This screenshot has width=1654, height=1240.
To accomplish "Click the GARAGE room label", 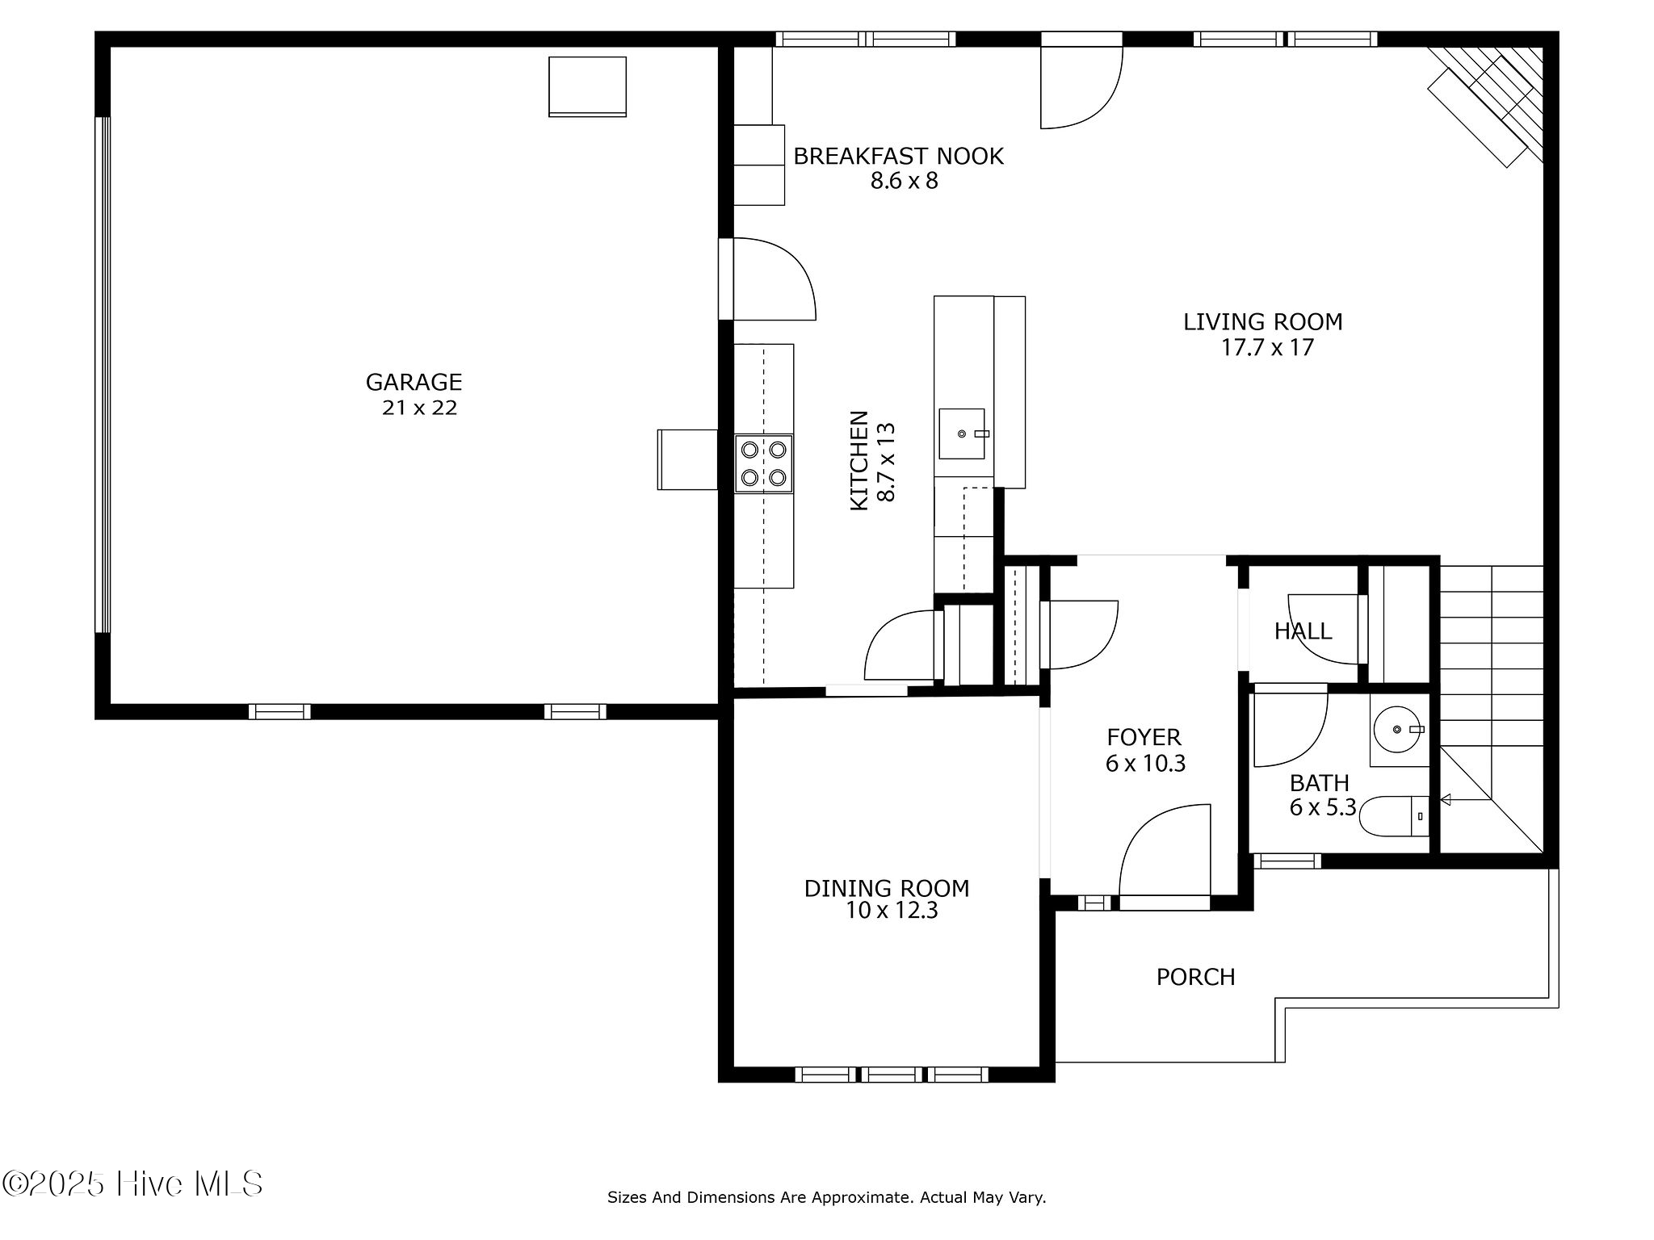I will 413,382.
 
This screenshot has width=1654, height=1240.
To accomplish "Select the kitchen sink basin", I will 962,434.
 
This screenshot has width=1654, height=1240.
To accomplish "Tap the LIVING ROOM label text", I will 1262,322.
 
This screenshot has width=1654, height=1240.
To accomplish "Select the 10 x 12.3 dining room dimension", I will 891,911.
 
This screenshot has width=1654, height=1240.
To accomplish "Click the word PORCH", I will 1195,978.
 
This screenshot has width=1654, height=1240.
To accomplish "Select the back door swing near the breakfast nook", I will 1080,84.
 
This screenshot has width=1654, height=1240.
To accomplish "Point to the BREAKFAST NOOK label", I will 898,157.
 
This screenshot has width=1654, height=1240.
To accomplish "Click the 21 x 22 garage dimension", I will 419,408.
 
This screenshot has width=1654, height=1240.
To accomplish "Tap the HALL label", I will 1302,631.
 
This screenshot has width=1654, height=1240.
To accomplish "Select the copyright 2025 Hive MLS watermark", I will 132,1184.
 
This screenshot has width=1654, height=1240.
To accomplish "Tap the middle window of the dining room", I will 889,1075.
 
